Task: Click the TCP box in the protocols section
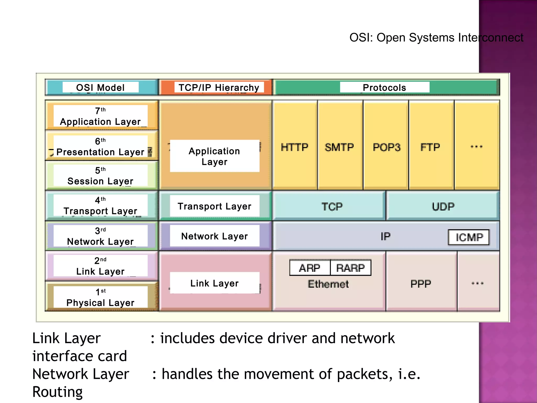click(x=332, y=206)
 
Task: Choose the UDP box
click(x=443, y=206)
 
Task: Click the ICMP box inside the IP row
click(x=469, y=237)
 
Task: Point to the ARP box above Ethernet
click(x=310, y=268)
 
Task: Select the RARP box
click(x=351, y=268)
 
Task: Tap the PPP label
click(x=421, y=284)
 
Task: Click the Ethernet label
click(x=328, y=284)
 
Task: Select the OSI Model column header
click(x=101, y=87)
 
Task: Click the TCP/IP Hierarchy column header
click(x=219, y=87)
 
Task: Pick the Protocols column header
click(x=384, y=87)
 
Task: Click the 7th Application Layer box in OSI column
click(x=101, y=116)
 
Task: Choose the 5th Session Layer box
click(x=101, y=176)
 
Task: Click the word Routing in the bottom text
click(x=57, y=392)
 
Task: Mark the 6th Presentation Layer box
click(x=101, y=146)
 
